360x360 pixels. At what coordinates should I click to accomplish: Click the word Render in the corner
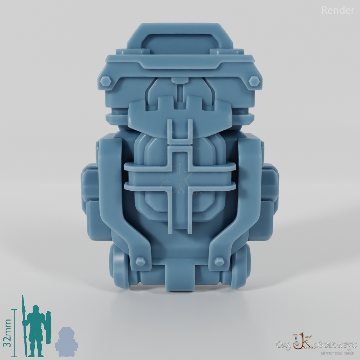coord(337,11)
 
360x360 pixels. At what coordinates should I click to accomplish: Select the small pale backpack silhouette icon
coord(66,339)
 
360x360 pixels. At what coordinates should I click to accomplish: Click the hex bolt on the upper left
coord(106,81)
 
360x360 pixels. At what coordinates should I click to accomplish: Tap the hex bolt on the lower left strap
coord(140,261)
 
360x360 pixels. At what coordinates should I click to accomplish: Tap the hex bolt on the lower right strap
coord(219,261)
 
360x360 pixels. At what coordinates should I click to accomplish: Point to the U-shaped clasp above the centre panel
coord(180,132)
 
